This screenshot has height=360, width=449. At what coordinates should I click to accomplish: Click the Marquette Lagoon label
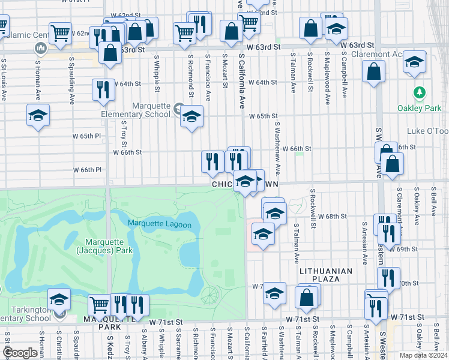159,225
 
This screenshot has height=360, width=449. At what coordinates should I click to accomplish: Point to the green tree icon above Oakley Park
420,93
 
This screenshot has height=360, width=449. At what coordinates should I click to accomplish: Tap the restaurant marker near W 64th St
103,90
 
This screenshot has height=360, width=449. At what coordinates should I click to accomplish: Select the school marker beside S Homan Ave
38,115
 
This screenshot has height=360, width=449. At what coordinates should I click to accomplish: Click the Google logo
20,353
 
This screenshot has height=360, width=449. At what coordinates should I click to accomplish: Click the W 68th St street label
333,215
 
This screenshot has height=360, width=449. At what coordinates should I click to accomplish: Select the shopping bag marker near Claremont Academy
373,72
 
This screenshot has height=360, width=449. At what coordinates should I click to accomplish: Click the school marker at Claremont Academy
414,62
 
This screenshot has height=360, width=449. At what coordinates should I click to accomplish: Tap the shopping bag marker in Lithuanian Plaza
306,297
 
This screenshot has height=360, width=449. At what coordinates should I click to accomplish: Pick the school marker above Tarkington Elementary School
59,299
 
